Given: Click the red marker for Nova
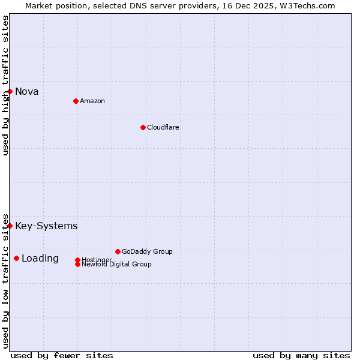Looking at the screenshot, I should click(x=10, y=91).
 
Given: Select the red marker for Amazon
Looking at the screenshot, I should click(x=76, y=101).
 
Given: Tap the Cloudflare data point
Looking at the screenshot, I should click(x=143, y=127).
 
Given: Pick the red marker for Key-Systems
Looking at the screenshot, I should click(x=10, y=226).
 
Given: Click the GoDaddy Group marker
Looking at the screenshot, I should click(x=118, y=251).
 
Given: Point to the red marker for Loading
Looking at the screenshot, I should click(x=16, y=258).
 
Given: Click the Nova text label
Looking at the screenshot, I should click(x=27, y=91).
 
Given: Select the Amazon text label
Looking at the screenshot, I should click(x=92, y=101).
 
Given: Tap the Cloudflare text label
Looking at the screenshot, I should click(x=163, y=127).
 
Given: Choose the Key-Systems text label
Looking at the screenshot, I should click(x=46, y=226).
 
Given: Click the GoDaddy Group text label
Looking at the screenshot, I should click(x=147, y=251).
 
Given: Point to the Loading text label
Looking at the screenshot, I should click(x=40, y=258).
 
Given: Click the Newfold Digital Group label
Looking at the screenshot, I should click(x=117, y=264).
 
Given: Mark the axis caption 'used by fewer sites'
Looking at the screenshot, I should click(x=62, y=355).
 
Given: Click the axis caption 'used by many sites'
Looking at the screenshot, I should click(x=301, y=355).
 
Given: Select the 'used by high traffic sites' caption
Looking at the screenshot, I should click(x=5, y=86).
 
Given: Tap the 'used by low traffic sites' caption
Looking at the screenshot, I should click(x=5, y=281).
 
